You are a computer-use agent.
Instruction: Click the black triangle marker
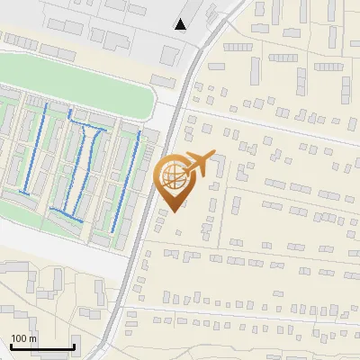181,24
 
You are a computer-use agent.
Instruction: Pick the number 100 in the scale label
19,338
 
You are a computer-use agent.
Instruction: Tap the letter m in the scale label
32,338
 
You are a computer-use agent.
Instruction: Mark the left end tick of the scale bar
11,345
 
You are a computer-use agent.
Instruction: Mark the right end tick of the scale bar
75,345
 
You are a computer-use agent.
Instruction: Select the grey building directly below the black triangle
169,55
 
